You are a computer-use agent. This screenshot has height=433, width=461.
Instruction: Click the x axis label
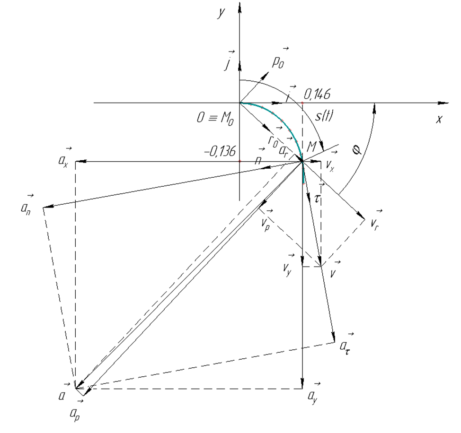(x=439, y=120)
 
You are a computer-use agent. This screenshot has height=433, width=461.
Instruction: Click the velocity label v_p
(x=266, y=218)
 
